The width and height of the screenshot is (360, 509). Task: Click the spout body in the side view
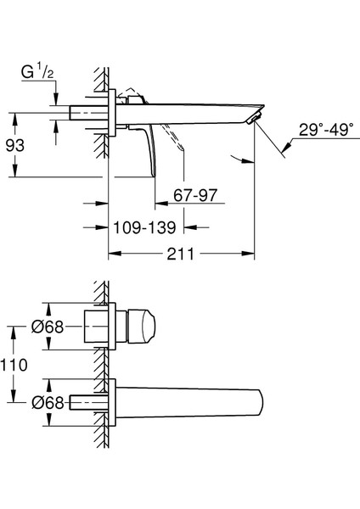(195, 109)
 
